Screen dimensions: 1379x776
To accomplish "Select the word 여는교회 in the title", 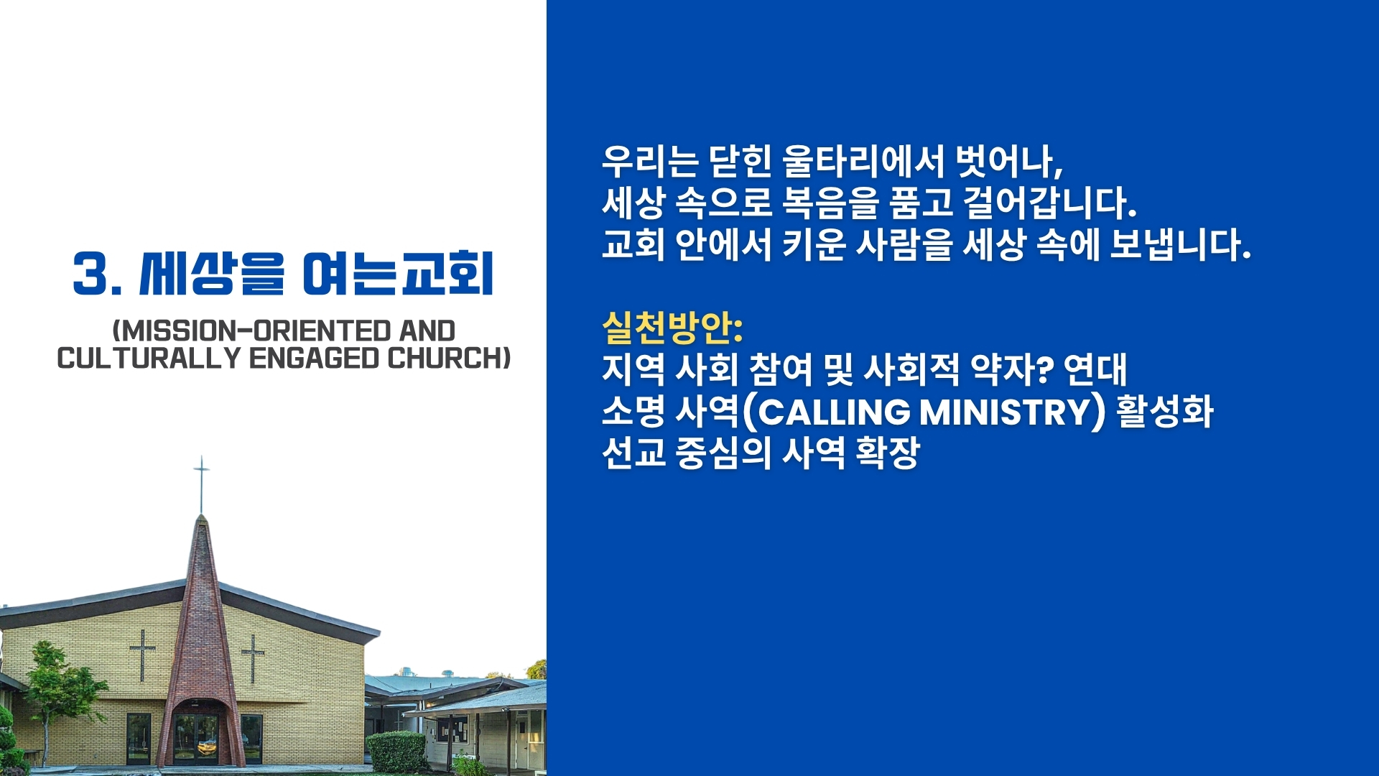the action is point(398,274).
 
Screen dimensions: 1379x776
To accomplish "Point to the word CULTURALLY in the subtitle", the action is point(149,358).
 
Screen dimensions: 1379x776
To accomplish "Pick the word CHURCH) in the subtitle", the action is point(449,358).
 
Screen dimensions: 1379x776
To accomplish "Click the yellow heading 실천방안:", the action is point(672,328).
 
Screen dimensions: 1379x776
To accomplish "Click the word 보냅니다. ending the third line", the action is point(1180,244).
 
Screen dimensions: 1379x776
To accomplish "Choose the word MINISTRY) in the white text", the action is point(1013,412).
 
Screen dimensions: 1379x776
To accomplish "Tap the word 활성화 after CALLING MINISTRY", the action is point(1164,412).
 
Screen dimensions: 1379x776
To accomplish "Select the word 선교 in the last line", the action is point(634,453).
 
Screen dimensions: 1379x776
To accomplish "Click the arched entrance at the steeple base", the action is point(195,733).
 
